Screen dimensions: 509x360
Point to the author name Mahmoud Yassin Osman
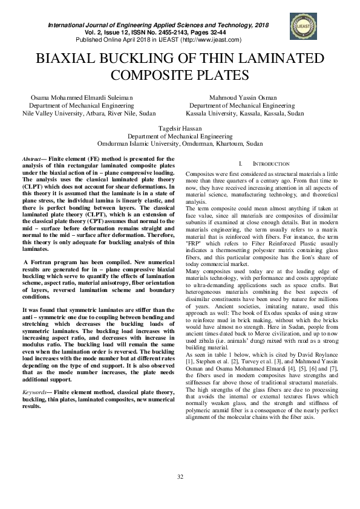click(243, 97)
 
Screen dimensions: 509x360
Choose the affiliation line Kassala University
click(245, 113)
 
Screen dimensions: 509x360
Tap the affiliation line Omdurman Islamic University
click(180, 144)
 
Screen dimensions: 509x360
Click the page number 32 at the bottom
click(180, 495)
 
